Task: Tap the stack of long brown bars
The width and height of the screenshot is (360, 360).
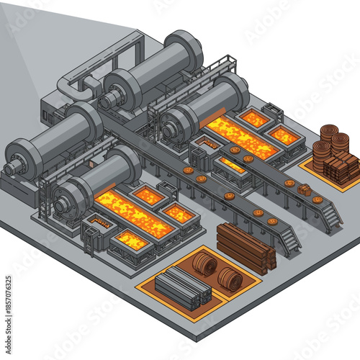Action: (x=245, y=247)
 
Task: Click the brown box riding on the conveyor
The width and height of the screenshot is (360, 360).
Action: (x=305, y=190)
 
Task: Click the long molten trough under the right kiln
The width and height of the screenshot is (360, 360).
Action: (x=242, y=136)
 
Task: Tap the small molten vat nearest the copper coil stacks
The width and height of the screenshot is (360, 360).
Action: (x=284, y=135)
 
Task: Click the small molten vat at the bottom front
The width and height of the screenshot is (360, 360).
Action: (x=132, y=241)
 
